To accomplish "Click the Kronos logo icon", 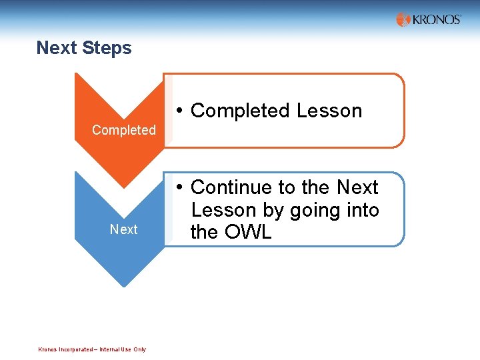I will [403, 20].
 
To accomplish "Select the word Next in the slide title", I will [56, 48].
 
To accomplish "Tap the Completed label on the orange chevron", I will [123, 130].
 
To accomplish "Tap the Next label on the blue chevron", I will [123, 229].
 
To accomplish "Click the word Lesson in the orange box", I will [329, 111].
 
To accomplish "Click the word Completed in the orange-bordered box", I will [240, 111].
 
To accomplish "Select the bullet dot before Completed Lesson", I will [180, 111].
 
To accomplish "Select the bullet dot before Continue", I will [180, 188].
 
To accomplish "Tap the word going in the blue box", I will [315, 211].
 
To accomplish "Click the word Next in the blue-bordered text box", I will [357, 187].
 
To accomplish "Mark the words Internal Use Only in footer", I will [123, 349].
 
